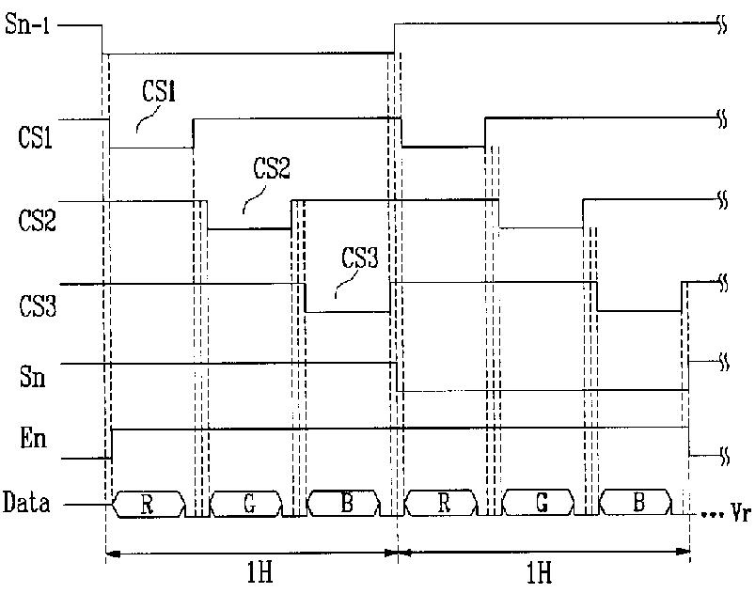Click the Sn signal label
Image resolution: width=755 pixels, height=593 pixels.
33,378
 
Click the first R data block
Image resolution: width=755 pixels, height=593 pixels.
147,504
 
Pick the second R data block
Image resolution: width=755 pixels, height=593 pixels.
441,504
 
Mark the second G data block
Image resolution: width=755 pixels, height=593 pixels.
541,504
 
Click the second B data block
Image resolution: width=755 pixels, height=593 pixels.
638,504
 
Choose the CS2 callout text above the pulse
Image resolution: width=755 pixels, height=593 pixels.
272,170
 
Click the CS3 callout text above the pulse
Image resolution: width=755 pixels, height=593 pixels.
359,257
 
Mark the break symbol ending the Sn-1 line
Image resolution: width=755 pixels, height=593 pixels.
723,27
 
